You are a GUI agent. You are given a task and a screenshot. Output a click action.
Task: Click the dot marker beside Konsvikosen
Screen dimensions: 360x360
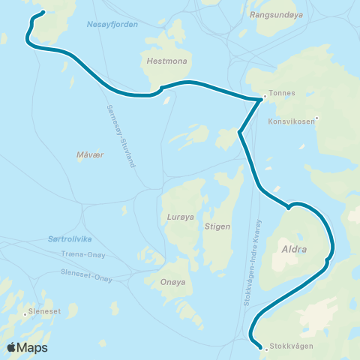point(318,118)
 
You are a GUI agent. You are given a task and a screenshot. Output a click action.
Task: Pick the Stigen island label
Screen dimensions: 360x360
point(217,225)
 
